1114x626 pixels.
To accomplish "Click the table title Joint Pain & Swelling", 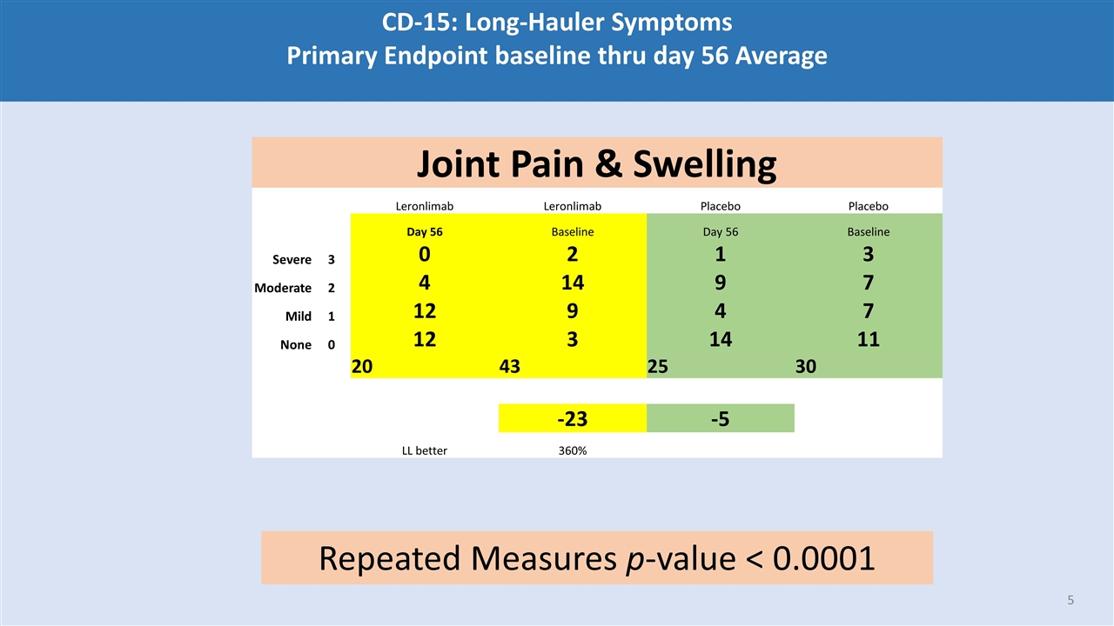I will pyautogui.click(x=596, y=163).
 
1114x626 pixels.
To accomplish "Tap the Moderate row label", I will pyautogui.click(x=282, y=288).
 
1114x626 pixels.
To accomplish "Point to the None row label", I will pyautogui.click(x=295, y=344).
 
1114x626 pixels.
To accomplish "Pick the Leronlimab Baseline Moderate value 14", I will pyautogui.click(x=572, y=283).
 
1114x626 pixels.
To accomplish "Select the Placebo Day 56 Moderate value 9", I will pyautogui.click(x=720, y=283).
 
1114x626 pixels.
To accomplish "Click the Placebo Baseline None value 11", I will pyautogui.click(x=868, y=339).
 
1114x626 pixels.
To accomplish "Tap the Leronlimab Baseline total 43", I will pyautogui.click(x=510, y=367).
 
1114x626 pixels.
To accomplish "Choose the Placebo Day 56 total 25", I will pyautogui.click(x=658, y=367).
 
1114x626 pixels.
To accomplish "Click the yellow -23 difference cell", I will pyautogui.click(x=572, y=419).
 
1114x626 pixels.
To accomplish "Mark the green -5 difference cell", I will pyautogui.click(x=720, y=419).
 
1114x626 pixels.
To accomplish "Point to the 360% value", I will pyautogui.click(x=572, y=450).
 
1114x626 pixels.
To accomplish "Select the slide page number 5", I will pyautogui.click(x=1070, y=600).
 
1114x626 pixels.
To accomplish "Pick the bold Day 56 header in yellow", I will pyautogui.click(x=424, y=232).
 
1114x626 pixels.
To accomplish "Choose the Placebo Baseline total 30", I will pyautogui.click(x=806, y=367).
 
